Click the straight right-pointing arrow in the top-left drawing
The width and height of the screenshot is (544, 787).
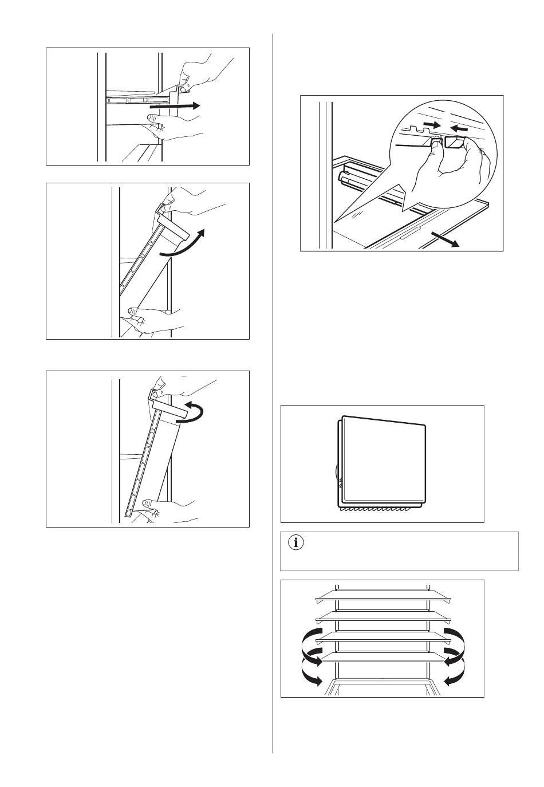tap(175, 106)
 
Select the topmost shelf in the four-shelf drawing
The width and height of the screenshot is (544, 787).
tap(383, 599)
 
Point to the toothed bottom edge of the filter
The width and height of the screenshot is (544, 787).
tap(381, 509)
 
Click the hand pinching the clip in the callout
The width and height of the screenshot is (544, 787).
tap(458, 166)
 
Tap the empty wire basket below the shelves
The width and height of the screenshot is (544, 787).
tap(383, 686)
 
